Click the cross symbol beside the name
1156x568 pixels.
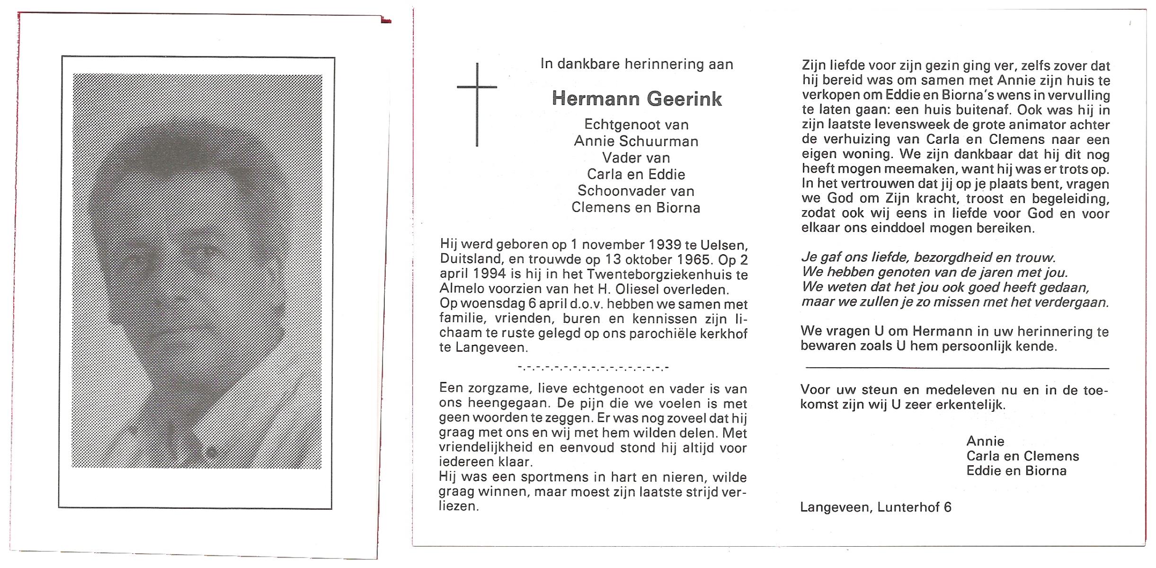477,104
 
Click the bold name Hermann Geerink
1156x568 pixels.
637,99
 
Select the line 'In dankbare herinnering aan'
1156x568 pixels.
637,64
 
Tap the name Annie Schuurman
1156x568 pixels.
636,141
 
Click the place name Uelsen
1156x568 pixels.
724,245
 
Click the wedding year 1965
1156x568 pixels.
695,260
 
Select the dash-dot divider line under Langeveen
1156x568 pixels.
594,367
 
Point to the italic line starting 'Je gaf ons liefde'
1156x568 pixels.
928,257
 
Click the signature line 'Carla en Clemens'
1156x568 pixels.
1023,456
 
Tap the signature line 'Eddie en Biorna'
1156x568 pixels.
1016,470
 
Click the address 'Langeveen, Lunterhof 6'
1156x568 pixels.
876,507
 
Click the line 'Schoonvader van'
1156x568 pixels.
636,191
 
